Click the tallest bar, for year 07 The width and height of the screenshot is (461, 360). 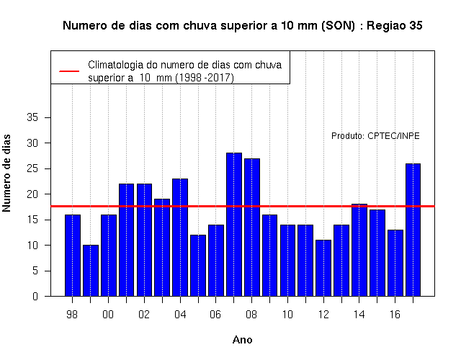click(x=234, y=224)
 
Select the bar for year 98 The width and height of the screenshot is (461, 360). click(x=73, y=256)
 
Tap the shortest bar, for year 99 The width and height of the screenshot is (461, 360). click(x=91, y=271)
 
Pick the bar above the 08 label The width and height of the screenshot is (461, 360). click(x=252, y=228)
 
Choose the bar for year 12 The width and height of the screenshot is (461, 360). click(x=323, y=268)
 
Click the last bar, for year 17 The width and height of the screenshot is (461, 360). click(x=413, y=230)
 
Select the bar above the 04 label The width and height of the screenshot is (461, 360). click(x=180, y=237)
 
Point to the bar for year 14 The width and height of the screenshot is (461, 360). click(x=359, y=250)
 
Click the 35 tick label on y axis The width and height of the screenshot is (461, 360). click(x=32, y=117)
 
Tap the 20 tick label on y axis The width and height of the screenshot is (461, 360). click(x=32, y=194)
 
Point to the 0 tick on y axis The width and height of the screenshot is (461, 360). click(x=35, y=296)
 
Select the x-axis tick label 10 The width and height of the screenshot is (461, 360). click(x=287, y=315)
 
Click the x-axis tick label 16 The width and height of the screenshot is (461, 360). click(x=395, y=315)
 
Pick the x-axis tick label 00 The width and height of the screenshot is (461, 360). click(x=108, y=315)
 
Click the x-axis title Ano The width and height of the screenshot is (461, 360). click(x=243, y=340)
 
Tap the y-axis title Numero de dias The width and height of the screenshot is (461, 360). click(x=6, y=173)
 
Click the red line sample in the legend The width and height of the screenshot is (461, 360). click(x=69, y=71)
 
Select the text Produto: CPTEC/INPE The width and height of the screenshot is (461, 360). click(x=375, y=136)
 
